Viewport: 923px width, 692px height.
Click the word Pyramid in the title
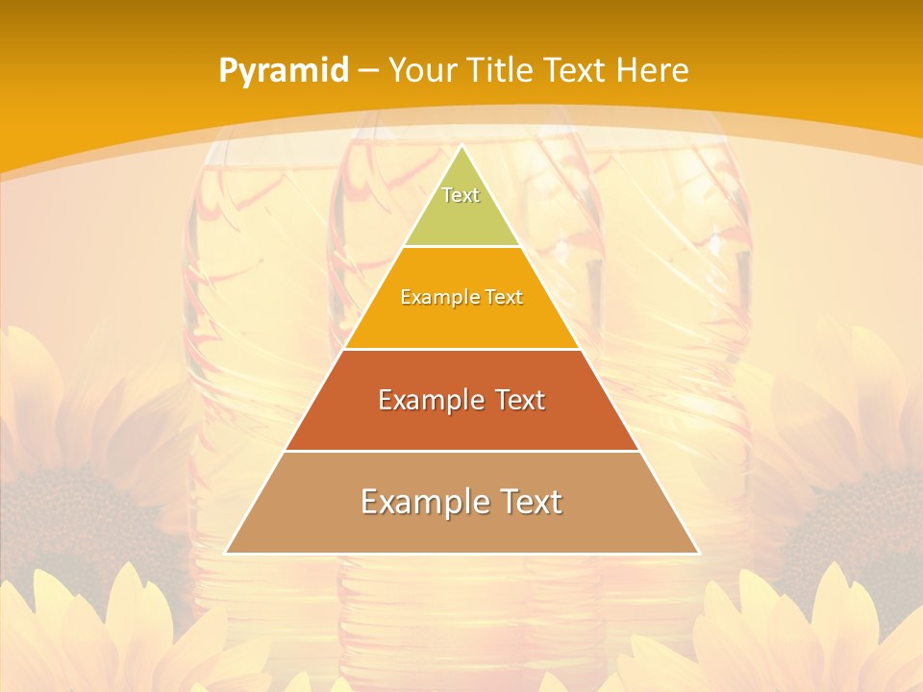pos(284,71)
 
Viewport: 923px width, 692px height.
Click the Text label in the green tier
pos(461,195)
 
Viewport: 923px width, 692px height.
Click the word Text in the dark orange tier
pos(520,400)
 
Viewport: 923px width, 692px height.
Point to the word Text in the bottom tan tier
pos(529,502)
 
